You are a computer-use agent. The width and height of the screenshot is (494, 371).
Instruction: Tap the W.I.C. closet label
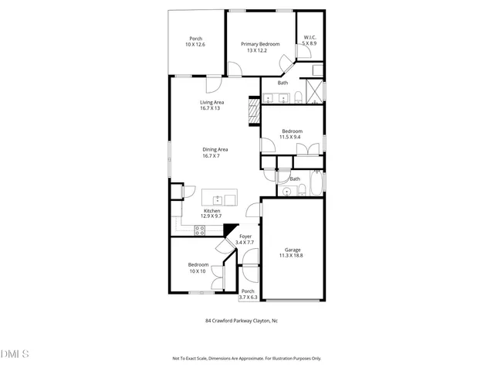click(310, 37)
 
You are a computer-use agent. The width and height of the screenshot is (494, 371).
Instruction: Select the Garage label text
click(293, 250)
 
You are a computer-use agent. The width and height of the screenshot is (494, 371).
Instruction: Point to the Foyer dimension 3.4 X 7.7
click(245, 243)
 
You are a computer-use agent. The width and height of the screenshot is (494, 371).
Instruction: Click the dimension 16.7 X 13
click(211, 108)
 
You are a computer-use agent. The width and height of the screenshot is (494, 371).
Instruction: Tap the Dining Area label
click(215, 149)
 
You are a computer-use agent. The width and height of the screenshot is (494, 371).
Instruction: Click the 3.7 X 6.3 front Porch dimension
click(247, 297)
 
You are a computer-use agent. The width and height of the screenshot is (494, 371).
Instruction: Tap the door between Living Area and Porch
click(211, 76)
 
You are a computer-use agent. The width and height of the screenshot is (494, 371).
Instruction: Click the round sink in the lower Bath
click(286, 192)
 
